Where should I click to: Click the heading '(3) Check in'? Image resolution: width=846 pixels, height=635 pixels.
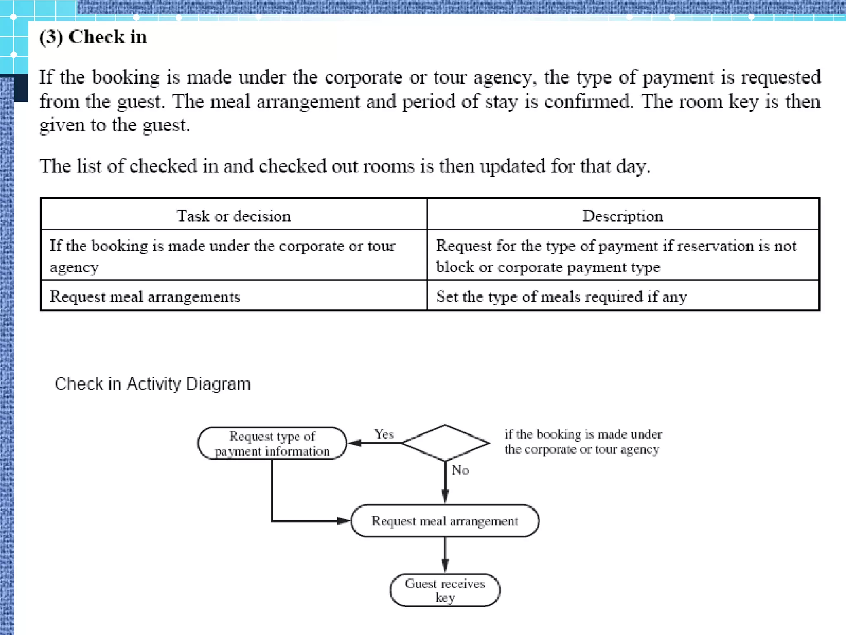93,37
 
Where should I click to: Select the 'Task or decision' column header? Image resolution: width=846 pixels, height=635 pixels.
234,216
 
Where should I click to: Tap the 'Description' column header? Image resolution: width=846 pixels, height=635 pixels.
623,216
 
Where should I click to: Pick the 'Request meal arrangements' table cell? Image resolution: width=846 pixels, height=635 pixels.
145,297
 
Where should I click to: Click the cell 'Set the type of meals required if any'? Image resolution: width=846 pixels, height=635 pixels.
561,297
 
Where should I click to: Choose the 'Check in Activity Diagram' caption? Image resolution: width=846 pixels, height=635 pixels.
152,384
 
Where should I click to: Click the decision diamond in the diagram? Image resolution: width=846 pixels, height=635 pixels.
445,443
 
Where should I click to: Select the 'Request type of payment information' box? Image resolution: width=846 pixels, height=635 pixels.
272,444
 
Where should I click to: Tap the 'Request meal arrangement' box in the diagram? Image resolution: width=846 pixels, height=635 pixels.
444,521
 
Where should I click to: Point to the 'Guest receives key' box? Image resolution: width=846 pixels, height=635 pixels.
445,590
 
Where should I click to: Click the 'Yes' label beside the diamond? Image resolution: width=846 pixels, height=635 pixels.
384,434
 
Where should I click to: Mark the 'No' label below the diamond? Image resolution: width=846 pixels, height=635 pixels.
460,470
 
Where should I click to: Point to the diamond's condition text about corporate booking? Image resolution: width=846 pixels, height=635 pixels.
583,442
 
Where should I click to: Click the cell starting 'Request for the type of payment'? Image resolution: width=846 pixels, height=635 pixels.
616,256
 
